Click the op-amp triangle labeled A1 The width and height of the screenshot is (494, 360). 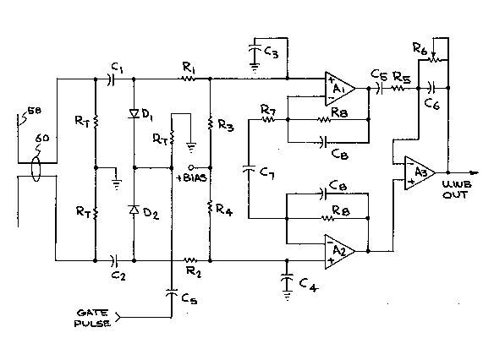[340, 89]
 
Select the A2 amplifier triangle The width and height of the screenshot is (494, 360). [340, 252]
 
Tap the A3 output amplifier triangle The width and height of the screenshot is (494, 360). [420, 172]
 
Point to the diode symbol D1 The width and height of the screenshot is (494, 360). [134, 113]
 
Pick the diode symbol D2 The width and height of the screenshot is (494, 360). [134, 210]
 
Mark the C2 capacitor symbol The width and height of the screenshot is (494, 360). [115, 260]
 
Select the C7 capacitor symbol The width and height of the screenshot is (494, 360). [249, 169]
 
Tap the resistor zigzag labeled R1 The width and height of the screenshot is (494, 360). [189, 79]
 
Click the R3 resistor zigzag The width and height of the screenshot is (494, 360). [210, 123]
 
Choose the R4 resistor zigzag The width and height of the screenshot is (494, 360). [210, 207]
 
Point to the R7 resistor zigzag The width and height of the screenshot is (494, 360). [268, 120]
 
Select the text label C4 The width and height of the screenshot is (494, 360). [309, 285]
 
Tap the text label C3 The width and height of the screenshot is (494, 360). [271, 52]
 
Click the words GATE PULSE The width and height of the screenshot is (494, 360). [92, 318]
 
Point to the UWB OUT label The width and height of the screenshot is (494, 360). [457, 189]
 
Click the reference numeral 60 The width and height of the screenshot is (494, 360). [42, 138]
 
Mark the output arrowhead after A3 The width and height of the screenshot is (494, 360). [475, 172]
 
